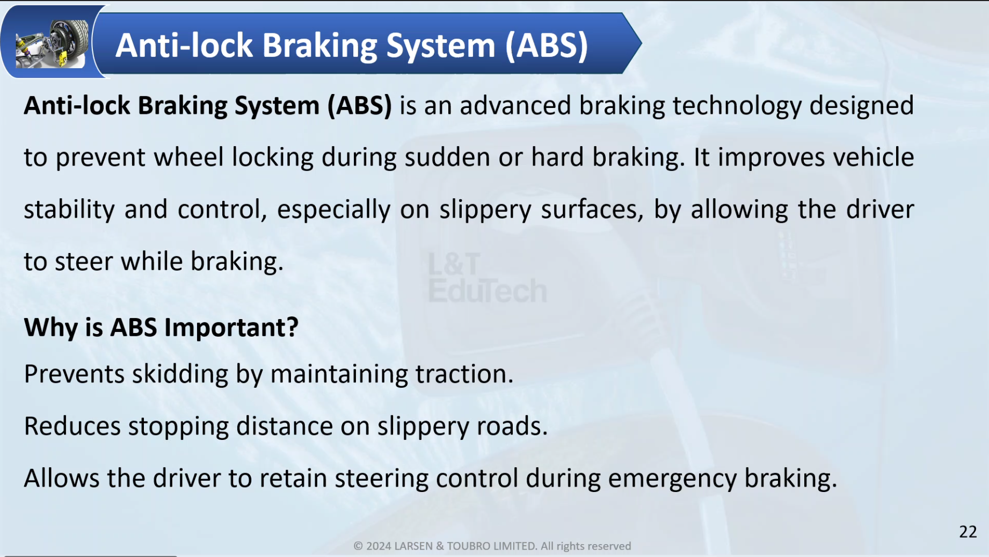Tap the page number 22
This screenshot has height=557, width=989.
(968, 531)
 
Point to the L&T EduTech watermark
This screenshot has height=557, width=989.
(487, 278)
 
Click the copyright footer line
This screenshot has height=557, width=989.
(492, 546)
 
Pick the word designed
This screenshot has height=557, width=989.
(861, 106)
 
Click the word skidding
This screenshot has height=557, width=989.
(180, 374)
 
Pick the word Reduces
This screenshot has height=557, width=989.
(72, 426)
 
